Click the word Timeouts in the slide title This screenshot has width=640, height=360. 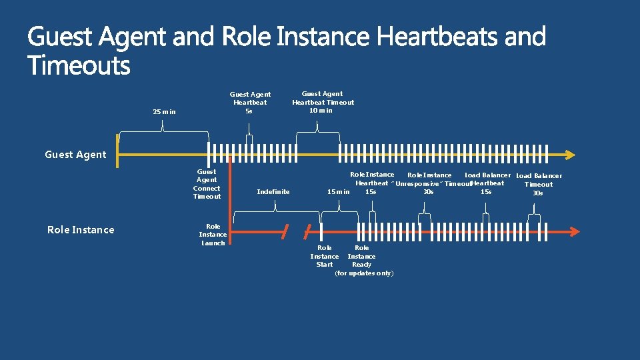[79, 66]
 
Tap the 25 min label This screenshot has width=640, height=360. [164, 112]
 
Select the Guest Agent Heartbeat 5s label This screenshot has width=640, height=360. [250, 103]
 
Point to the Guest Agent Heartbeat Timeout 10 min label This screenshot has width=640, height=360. [323, 102]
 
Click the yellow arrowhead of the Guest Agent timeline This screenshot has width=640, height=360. [569, 155]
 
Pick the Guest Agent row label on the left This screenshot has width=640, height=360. [75, 155]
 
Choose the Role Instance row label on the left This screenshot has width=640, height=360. [81, 230]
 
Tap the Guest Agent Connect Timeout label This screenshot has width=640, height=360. [207, 184]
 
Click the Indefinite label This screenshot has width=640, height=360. [273, 192]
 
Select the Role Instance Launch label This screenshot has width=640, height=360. [213, 235]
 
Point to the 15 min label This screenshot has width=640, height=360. [339, 192]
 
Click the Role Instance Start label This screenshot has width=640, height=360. [325, 256]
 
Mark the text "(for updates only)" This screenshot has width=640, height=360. [364, 273]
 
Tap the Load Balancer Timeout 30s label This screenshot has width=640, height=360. [539, 185]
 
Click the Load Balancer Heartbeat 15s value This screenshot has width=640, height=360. [486, 192]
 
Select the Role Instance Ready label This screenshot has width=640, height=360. [361, 256]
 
